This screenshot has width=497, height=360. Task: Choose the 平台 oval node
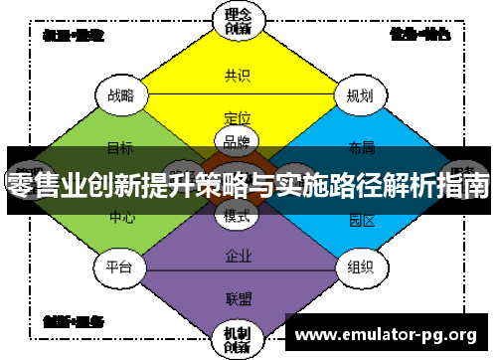pyautogui.click(x=120, y=266)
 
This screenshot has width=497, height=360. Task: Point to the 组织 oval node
pyautogui.click(x=360, y=266)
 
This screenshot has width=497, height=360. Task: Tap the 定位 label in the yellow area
pyautogui.click(x=238, y=117)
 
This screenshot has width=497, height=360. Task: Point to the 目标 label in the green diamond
pyautogui.click(x=120, y=148)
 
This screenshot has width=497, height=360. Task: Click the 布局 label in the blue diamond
pyautogui.click(x=362, y=148)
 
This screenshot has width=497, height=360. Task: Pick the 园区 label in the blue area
pyautogui.click(x=362, y=220)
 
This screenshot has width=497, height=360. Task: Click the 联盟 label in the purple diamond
pyautogui.click(x=238, y=297)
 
